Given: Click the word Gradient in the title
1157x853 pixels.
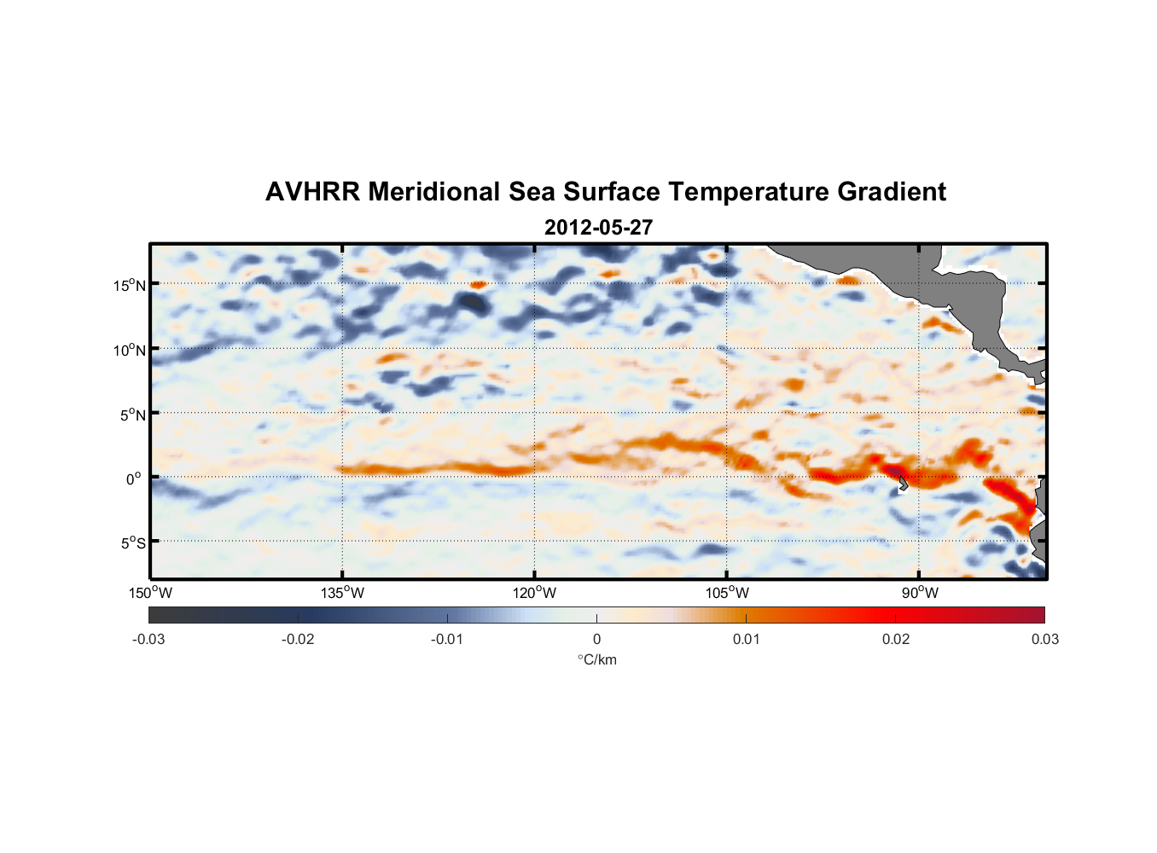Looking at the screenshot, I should pos(892,192).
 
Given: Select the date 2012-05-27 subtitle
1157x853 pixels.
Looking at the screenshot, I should pos(598,228).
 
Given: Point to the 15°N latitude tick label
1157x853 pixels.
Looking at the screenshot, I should pos(130,285).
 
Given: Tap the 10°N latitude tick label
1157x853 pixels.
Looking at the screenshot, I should pos(130,350).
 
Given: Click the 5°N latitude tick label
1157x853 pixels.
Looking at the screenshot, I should pos(132,415).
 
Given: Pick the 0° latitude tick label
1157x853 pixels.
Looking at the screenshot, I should pos(134,479).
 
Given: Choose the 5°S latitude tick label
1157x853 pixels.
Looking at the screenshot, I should pos(132,543).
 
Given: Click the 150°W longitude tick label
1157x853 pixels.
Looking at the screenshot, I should pos(151,593).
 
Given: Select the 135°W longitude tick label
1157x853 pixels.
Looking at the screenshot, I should pos(343,593).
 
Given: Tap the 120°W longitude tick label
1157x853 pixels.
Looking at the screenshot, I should pos(535,593).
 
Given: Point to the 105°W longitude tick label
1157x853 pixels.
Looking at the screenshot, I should pos(727,593).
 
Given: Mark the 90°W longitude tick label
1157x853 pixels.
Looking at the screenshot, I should pos(920,593).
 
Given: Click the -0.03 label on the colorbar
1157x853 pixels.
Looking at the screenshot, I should pos(148,639).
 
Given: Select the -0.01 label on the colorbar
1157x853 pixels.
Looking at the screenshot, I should pos(447,639).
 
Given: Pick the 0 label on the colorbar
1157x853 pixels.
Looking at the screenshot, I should pos(596,639).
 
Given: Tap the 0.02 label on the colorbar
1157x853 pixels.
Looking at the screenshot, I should pos(896,639).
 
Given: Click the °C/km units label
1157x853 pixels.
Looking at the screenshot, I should pos(597,659).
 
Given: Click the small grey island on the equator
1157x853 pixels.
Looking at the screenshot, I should pos(903,484).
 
